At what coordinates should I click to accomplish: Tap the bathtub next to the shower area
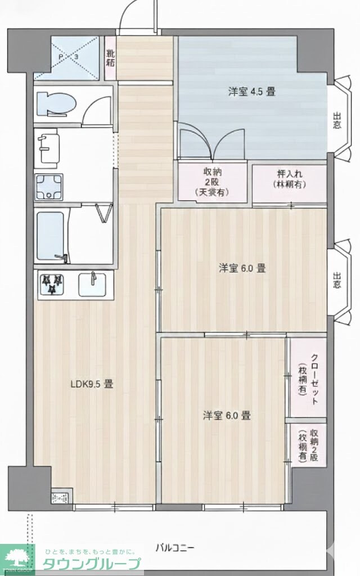(51, 236)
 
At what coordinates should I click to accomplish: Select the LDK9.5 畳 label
(92, 385)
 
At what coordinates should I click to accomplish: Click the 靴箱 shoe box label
(110, 58)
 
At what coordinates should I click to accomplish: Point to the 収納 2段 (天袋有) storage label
(213, 182)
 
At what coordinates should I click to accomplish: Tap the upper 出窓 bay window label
(337, 121)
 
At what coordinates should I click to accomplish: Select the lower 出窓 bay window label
(337, 280)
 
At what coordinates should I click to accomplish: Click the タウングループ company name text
(93, 564)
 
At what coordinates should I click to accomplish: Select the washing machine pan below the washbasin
(50, 187)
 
